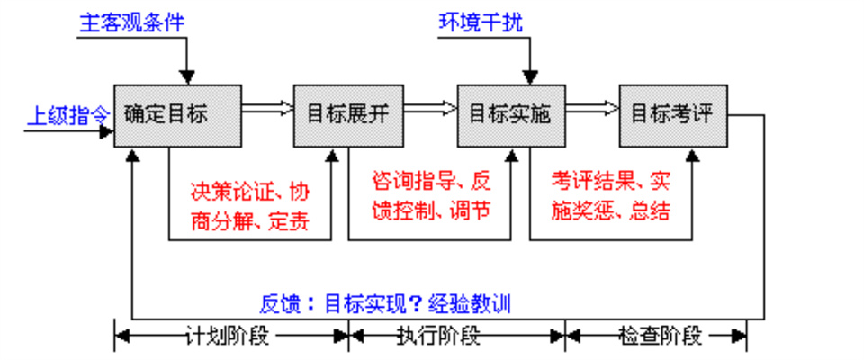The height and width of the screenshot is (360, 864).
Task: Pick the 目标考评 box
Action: [x=672, y=114]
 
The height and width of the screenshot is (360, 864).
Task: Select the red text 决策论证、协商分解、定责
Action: [x=249, y=206]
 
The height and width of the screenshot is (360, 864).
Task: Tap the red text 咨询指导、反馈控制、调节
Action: [x=430, y=195]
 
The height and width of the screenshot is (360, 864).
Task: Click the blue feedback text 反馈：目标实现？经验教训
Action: [x=385, y=303]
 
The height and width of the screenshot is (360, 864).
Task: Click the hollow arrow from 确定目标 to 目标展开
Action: [x=268, y=109]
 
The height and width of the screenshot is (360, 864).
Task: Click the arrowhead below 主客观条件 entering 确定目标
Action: [x=187, y=76]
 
